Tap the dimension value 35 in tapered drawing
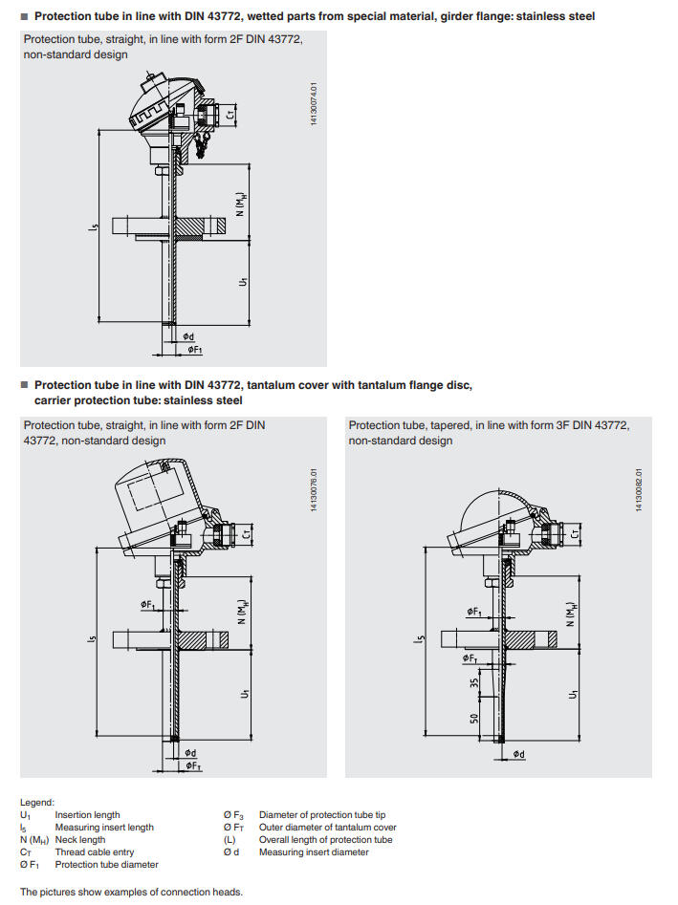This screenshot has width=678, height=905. coord(473,684)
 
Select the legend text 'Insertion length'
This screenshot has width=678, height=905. coord(87,815)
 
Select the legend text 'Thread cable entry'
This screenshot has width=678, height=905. coord(95,852)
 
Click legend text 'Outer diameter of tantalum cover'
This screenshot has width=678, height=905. coord(327,828)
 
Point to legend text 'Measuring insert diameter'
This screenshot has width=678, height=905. coord(314,852)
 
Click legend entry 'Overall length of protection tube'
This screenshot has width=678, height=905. coord(325,840)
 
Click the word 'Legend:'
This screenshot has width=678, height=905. coord(37,803)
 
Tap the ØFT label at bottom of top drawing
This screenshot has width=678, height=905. coord(194,351)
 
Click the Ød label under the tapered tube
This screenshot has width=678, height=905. coord(517,754)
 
